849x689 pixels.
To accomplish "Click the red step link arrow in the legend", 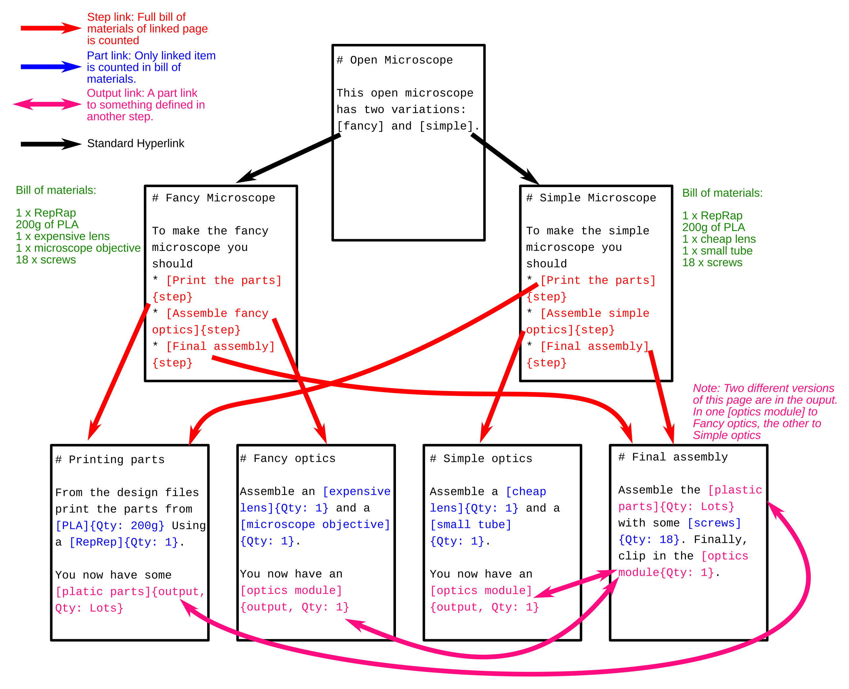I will click(x=51, y=28).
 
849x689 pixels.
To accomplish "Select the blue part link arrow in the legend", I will click(x=51, y=67).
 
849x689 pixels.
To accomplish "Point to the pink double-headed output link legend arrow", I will click(x=48, y=104).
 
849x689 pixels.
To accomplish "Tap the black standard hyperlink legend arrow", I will click(x=51, y=144).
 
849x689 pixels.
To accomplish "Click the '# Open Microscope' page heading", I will click(x=395, y=60).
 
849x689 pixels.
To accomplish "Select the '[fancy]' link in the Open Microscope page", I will click(x=360, y=126).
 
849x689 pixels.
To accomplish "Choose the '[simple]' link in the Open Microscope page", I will click(x=447, y=126).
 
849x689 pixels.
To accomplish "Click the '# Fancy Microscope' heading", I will click(x=213, y=198).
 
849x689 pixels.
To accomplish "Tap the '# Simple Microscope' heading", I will click(x=591, y=198).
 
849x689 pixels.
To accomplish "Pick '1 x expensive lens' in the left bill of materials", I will click(x=63, y=237).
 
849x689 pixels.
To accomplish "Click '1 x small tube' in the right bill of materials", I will click(x=717, y=251).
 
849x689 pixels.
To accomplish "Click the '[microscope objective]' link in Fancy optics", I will click(x=315, y=525).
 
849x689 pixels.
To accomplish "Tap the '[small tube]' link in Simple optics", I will click(x=471, y=525).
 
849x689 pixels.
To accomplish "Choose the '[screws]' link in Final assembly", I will click(x=714, y=523).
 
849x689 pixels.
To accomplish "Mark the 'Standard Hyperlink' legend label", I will click(x=136, y=144).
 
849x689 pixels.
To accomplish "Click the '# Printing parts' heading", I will click(x=110, y=460).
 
